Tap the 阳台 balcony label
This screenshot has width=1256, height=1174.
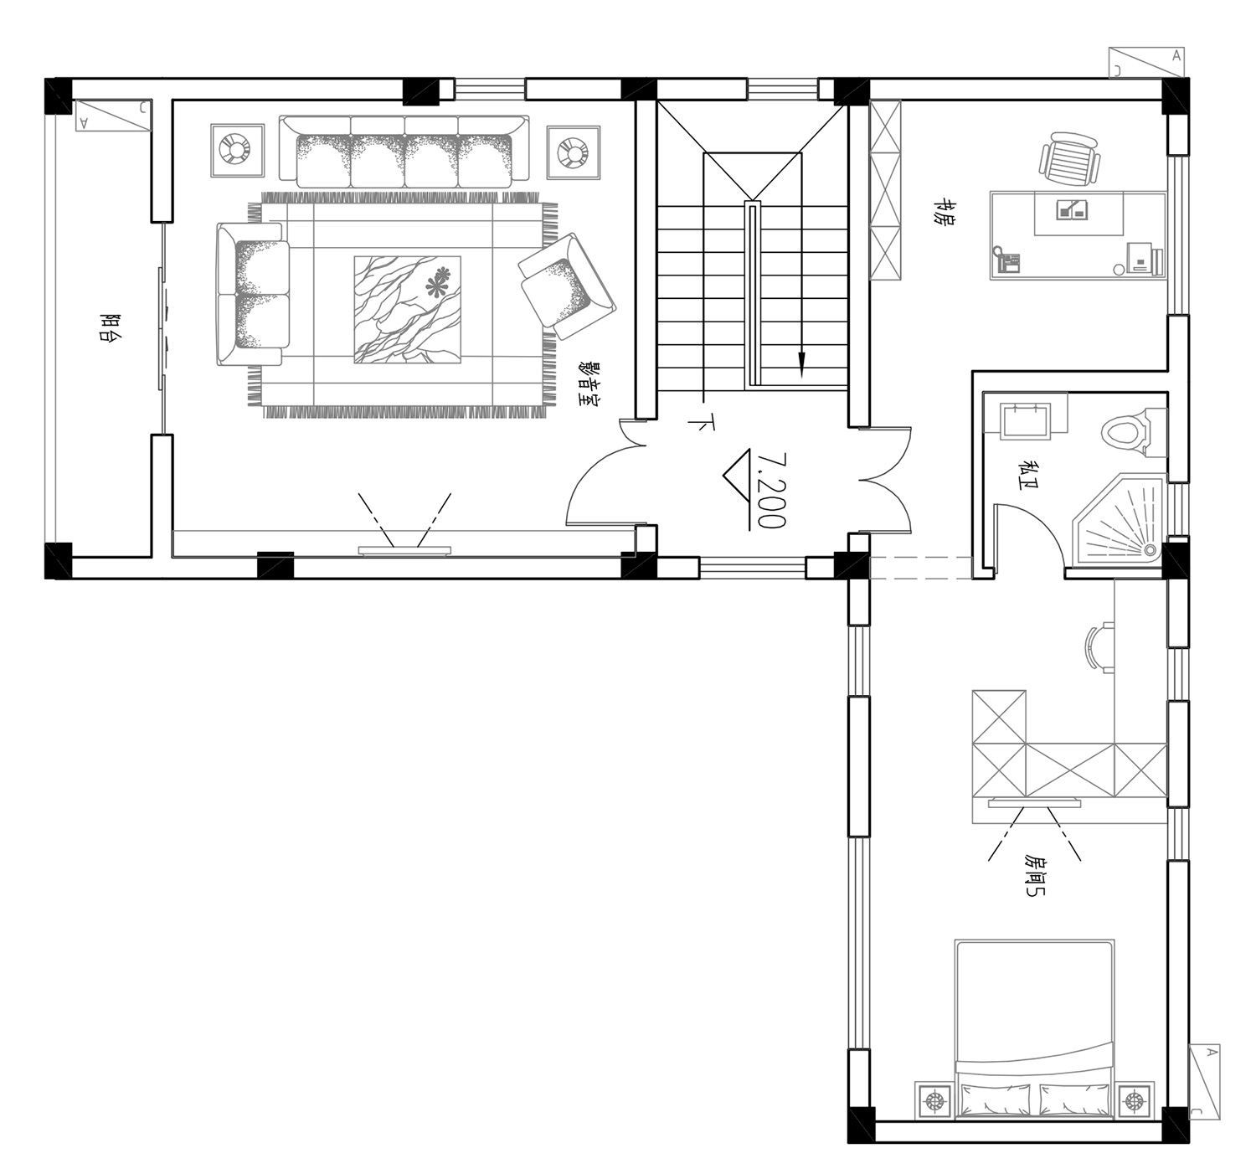[110, 327]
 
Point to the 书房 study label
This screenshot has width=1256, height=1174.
[946, 212]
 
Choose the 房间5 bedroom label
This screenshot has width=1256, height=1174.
[1035, 875]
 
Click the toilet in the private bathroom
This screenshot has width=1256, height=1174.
[1133, 433]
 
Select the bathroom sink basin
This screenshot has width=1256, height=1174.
[1025, 420]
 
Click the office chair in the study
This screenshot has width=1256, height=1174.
[1069, 158]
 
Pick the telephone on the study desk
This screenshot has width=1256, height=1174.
[1006, 260]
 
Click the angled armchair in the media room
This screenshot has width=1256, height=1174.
[567, 286]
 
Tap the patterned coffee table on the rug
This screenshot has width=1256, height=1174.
[407, 310]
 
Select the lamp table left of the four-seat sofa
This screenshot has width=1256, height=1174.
[237, 151]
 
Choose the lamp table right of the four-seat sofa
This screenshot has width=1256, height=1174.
[574, 152]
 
